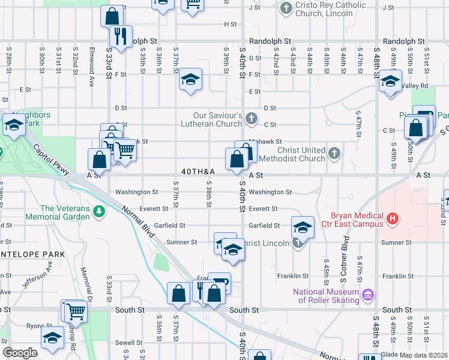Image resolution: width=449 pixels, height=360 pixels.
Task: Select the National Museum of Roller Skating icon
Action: [368, 295]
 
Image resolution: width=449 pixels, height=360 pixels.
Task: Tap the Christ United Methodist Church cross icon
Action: [335, 154]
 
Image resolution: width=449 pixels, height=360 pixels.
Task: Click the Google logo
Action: [20, 353]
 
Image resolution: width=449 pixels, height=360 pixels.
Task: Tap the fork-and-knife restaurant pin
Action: [122, 36]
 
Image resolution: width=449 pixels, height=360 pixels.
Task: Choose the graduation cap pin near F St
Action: [190, 80]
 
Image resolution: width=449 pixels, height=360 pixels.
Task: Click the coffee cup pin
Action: [220, 283]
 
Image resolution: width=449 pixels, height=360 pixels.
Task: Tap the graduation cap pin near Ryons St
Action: [52, 338]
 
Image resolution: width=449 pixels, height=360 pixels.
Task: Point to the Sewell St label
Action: [128, 342]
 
